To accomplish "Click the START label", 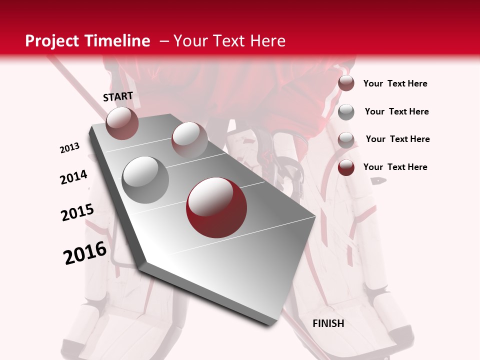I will [118, 96].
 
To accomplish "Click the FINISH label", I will [328, 323].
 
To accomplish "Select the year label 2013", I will [70, 148].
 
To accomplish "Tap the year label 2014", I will [74, 177].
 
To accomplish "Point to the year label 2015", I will [77, 212].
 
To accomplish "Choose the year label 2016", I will [85, 252].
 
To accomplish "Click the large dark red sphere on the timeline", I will [216, 207].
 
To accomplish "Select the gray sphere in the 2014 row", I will [145, 179].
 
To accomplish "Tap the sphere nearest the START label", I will [122, 123].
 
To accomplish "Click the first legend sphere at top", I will [346, 83].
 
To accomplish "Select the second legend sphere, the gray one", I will [346, 112].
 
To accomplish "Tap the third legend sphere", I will [346, 139].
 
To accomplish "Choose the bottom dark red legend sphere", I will [346, 167].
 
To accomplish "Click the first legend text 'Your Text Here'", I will [395, 83].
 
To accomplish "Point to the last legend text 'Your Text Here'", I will [395, 167].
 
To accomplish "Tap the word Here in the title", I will [267, 41].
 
